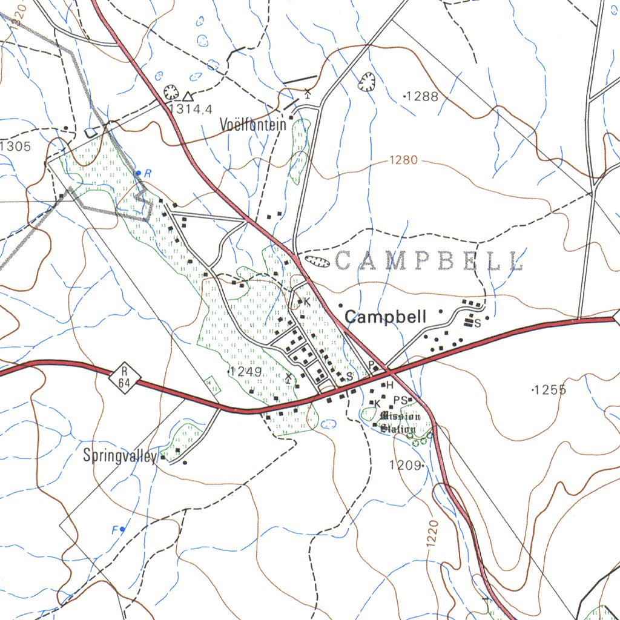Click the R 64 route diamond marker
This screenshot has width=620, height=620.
pyautogui.click(x=125, y=378)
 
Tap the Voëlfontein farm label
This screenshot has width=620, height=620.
pyautogui.click(x=253, y=125)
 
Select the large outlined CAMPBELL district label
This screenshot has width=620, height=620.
pyautogui.click(x=428, y=261)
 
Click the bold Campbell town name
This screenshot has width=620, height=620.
pyautogui.click(x=386, y=317)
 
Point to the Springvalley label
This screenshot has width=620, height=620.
pyautogui.click(x=120, y=456)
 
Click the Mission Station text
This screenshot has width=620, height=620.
pyautogui.click(x=398, y=423)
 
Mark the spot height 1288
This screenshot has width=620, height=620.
pyautogui.click(x=421, y=96)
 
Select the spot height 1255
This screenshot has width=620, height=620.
pyautogui.click(x=549, y=391)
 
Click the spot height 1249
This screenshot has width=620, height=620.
pyautogui.click(x=245, y=372)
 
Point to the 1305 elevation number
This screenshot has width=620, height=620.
pyautogui.click(x=16, y=146)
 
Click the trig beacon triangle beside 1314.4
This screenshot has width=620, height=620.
pyautogui.click(x=188, y=96)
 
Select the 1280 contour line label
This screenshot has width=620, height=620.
pyautogui.click(x=403, y=160)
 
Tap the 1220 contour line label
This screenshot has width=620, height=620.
pyautogui.click(x=432, y=533)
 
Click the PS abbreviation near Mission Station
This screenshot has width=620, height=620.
pyautogui.click(x=400, y=400)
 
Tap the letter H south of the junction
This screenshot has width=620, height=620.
pyautogui.click(x=389, y=385)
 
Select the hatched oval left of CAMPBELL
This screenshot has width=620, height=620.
pyautogui.click(x=315, y=262)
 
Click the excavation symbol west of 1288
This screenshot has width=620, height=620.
pyautogui.click(x=367, y=82)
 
